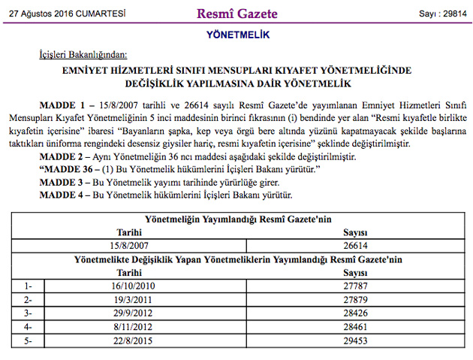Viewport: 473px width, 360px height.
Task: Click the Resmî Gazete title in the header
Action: (x=236, y=14)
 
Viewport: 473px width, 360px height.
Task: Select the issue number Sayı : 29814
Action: (x=440, y=14)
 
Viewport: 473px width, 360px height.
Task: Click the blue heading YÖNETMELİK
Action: (x=236, y=35)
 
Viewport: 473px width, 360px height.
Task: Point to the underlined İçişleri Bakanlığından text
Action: (x=83, y=55)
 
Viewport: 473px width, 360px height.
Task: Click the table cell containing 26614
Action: (x=354, y=245)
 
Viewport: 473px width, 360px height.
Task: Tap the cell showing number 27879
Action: (x=354, y=299)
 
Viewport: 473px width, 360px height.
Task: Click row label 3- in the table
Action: (x=29, y=313)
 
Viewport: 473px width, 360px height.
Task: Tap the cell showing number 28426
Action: (x=354, y=313)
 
